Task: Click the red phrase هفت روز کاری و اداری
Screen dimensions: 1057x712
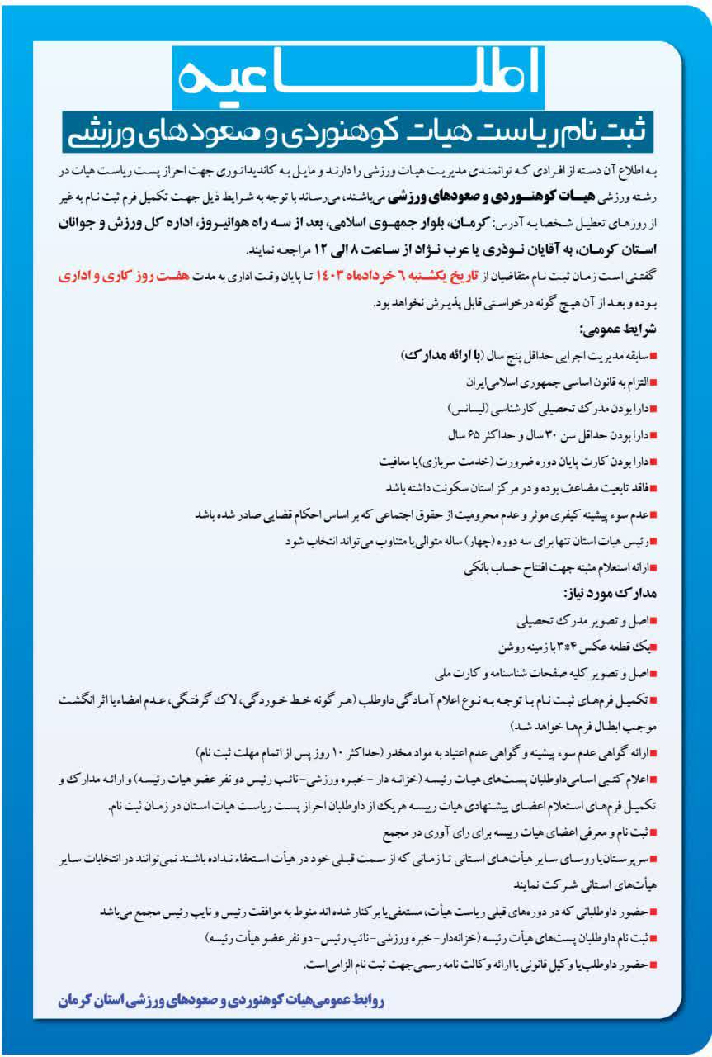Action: (111, 277)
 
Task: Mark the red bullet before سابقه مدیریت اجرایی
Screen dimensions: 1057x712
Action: (653, 356)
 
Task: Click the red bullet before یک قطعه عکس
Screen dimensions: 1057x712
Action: (653, 645)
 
